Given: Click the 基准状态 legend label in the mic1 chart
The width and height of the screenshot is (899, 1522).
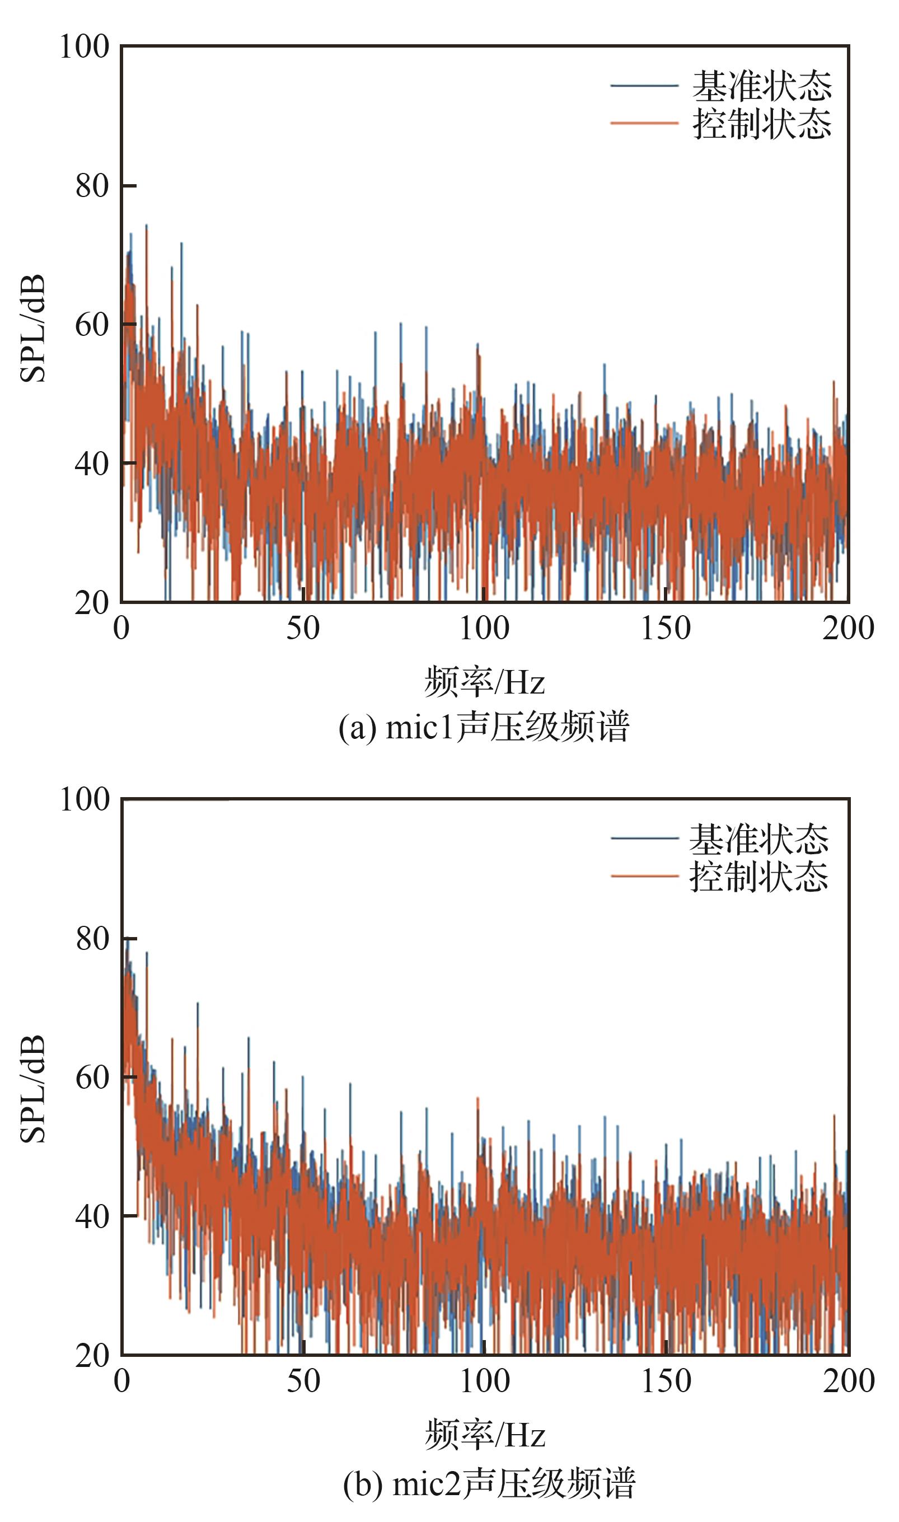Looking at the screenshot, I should click(x=762, y=86).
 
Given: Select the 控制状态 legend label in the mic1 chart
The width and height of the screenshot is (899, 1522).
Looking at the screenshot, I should click(x=762, y=124).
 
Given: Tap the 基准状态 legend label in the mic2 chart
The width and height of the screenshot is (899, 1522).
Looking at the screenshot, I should click(x=759, y=839).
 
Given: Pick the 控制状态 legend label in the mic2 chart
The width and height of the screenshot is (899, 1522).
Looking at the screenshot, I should click(x=759, y=877).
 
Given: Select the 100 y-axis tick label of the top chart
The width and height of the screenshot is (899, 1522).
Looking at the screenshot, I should click(x=84, y=46).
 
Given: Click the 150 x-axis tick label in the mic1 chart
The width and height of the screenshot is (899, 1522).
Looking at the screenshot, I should click(x=666, y=629).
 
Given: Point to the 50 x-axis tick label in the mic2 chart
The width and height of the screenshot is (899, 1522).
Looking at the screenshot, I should click(x=303, y=1382).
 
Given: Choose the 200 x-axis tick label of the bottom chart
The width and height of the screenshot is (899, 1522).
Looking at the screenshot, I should click(x=848, y=1382).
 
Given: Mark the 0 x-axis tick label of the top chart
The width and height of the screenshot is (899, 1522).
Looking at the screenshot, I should click(x=122, y=629).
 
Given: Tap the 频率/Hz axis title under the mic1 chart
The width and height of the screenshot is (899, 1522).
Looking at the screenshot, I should click(x=485, y=682).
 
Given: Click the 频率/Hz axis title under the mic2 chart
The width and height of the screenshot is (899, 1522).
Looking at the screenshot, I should click(x=485, y=1435).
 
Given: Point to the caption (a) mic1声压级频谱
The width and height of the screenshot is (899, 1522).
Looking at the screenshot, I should click(x=484, y=727).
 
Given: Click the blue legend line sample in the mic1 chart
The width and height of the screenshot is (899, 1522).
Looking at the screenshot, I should click(x=644, y=86).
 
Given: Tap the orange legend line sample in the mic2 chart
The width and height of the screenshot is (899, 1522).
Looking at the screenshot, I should click(x=644, y=877).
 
